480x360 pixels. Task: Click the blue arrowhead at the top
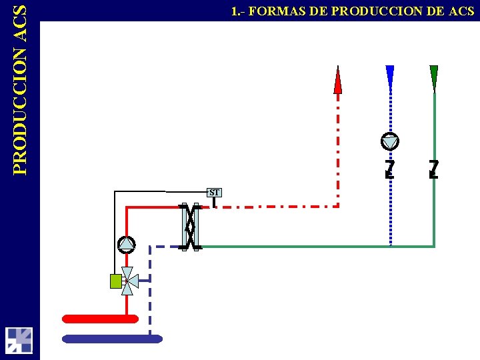[390, 76]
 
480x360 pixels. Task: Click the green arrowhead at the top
[434, 77]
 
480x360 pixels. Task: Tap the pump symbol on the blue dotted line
[390, 141]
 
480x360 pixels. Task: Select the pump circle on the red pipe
[127, 245]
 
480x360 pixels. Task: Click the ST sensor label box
[214, 193]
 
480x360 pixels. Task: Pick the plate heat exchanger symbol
[191, 227]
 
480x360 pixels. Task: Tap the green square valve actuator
[115, 281]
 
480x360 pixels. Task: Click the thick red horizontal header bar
[100, 319]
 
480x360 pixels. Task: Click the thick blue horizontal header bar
[112, 339]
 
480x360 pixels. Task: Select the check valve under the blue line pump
[390, 168]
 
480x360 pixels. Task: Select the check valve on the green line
[434, 168]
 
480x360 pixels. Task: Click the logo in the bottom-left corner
[19, 340]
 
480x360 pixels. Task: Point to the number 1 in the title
[234, 11]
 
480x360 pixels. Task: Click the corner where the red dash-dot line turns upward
[339, 206]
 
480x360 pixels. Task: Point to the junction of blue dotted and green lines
[390, 247]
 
